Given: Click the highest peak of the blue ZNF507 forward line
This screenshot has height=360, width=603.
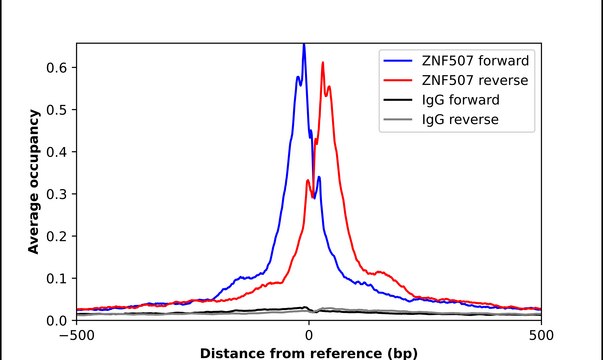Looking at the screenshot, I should point(304,46).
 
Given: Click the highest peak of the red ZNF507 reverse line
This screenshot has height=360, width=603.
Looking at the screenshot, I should point(322,63).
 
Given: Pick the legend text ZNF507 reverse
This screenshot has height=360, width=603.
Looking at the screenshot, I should point(473,79).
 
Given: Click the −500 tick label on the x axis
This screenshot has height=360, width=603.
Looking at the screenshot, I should point(76,335).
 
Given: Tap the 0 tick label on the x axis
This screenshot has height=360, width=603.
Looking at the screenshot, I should point(309,335).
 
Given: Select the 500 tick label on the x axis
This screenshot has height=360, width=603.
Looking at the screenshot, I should point(541,335).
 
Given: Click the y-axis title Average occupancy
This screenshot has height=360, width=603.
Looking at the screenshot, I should point(34,181).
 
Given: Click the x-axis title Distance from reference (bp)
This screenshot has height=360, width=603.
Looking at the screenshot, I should point(308,353).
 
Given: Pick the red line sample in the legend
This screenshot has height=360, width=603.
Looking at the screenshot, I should point(398,79).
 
